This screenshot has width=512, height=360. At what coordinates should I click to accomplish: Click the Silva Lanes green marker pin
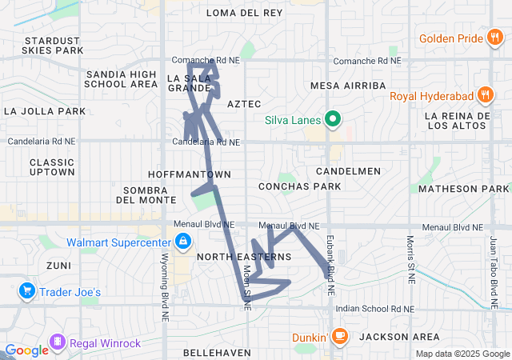[x=333, y=121]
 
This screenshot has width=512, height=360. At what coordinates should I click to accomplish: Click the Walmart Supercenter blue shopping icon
[x=183, y=241]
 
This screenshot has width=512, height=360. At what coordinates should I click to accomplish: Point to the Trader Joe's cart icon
[x=27, y=291]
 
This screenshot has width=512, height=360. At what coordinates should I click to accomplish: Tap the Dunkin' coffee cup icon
[x=339, y=336]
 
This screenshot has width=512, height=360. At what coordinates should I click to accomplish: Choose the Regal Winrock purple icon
[x=58, y=343]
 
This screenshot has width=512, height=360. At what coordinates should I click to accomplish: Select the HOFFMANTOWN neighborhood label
[x=190, y=174]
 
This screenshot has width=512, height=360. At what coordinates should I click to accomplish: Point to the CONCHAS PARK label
[x=300, y=186]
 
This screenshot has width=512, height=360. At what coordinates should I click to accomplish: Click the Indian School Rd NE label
[x=374, y=309]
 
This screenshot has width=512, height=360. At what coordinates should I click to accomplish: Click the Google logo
[x=26, y=350]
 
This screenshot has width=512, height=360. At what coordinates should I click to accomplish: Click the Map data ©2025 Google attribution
[x=462, y=354]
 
